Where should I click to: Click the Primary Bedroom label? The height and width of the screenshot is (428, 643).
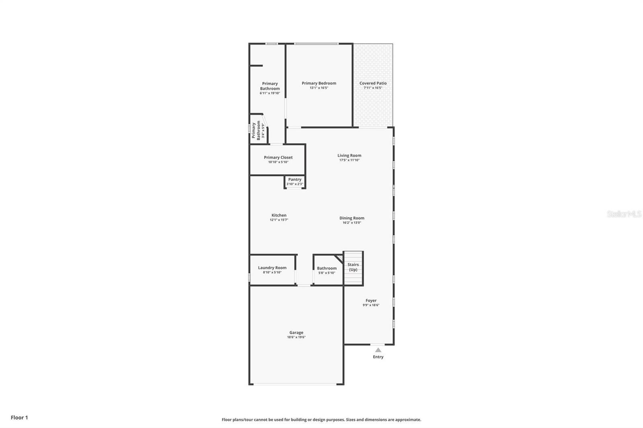[x=319, y=83]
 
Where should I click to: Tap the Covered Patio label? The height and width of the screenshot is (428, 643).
[x=373, y=83]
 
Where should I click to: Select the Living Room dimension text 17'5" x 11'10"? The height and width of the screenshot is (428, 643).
[x=349, y=160]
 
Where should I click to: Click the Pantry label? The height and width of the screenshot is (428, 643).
[x=295, y=179]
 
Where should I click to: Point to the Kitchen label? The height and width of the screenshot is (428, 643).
[x=279, y=215]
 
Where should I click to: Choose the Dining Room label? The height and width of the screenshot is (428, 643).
[x=352, y=218]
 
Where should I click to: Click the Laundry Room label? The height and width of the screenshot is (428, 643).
[x=272, y=268]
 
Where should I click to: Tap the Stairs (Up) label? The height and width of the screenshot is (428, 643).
[x=353, y=267]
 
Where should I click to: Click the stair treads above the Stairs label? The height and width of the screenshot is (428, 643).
[x=353, y=257]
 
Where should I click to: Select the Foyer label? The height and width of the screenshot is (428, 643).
[x=371, y=300]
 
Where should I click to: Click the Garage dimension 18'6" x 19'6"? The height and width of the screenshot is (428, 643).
[x=296, y=337]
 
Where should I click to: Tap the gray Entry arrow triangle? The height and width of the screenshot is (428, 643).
[x=378, y=350]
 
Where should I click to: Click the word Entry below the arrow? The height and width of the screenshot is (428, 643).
[x=378, y=357]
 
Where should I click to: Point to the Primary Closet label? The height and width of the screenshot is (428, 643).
[x=278, y=157]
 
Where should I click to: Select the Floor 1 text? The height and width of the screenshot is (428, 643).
[x=19, y=418]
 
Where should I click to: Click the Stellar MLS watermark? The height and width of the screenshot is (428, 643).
[x=624, y=214]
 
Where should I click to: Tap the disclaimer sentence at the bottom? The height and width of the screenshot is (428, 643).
[x=321, y=420]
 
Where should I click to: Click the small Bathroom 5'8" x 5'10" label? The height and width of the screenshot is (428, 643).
[x=327, y=270]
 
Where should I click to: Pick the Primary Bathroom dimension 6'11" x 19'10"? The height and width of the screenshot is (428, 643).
[x=270, y=93]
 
